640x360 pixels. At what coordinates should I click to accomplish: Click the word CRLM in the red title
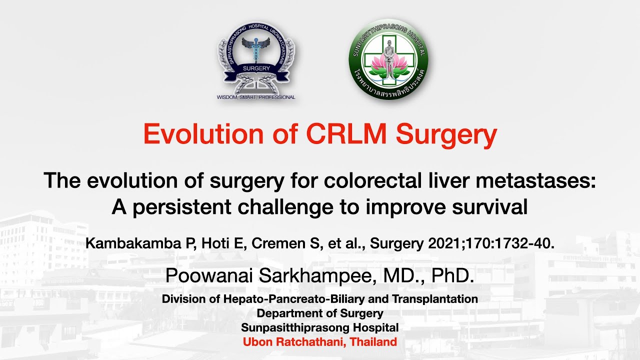coord(346,133)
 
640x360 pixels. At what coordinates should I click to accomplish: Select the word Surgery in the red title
coord(446,133)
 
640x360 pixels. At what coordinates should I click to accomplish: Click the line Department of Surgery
coord(320,313)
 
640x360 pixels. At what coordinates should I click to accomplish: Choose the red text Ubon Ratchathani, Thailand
coord(320,342)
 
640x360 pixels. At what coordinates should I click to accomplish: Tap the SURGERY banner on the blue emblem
coord(256,68)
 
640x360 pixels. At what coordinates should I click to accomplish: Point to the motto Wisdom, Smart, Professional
coord(256,97)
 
